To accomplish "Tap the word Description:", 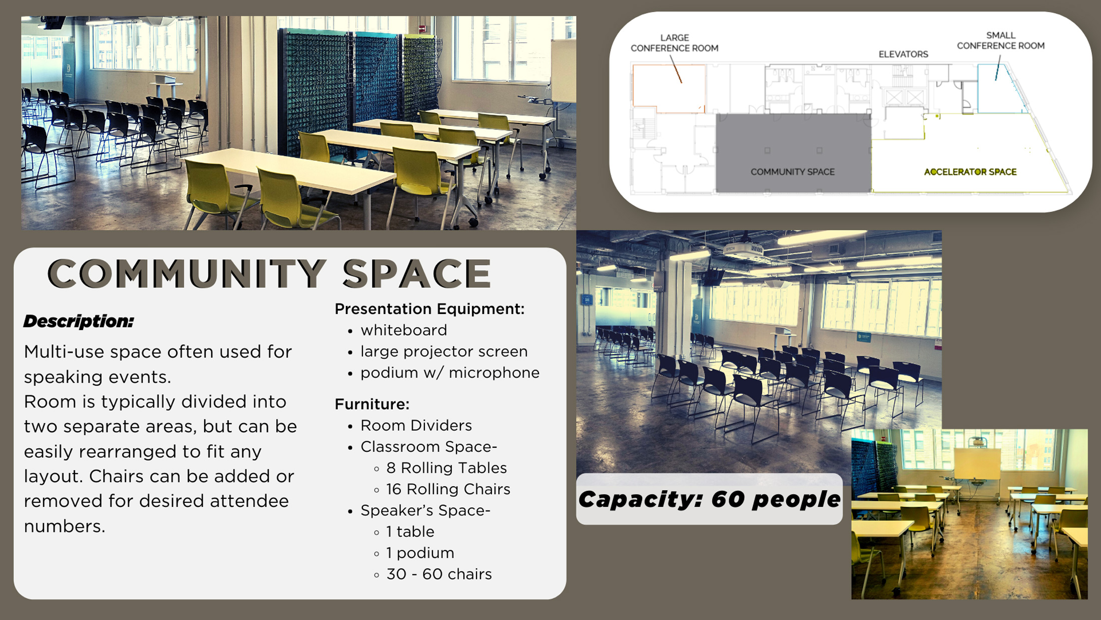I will (x=79, y=321).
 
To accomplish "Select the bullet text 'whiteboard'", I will (x=403, y=330).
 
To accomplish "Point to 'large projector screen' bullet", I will (x=444, y=352).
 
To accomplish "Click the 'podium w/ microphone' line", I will (x=450, y=373).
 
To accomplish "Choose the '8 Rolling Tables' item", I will (x=446, y=468).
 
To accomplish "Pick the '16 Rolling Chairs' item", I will (x=448, y=489).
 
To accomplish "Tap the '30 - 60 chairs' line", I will (x=439, y=574).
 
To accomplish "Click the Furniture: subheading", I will (x=372, y=404).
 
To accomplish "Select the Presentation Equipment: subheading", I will (x=429, y=309).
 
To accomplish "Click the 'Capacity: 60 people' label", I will (x=709, y=499).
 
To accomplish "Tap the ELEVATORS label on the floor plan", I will (x=903, y=54).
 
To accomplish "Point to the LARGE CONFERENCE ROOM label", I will (x=674, y=43).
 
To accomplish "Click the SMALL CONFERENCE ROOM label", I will (x=1000, y=41).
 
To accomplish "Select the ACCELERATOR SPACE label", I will (x=970, y=172).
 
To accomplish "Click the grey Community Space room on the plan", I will (x=793, y=145).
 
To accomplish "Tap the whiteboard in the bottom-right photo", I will (x=977, y=464).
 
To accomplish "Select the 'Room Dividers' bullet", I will (x=416, y=425).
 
